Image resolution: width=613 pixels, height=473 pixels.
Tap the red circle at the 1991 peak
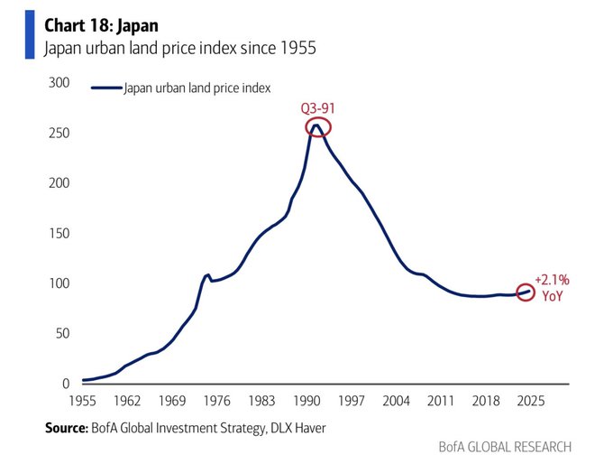pyautogui.click(x=318, y=127)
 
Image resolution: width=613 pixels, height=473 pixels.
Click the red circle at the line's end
pyautogui.click(x=527, y=292)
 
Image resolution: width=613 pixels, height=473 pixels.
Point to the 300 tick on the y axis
pyautogui.click(x=59, y=83)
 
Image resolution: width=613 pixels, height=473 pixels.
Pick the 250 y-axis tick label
pyautogui.click(x=59, y=134)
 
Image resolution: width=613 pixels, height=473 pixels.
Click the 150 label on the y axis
pyautogui.click(x=59, y=234)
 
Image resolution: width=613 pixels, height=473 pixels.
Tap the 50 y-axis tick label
pyautogui.click(x=62, y=334)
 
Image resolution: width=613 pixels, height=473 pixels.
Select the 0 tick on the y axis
pyautogui.click(x=66, y=384)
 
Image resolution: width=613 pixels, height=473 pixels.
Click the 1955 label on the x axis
pyautogui.click(x=83, y=400)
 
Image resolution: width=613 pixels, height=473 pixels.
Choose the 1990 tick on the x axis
pyautogui.click(x=306, y=400)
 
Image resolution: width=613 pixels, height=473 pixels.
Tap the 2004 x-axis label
pyautogui.click(x=396, y=400)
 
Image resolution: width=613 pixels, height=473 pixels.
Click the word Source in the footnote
pyautogui.click(x=65, y=428)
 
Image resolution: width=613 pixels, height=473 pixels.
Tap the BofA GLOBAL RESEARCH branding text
pyautogui.click(x=505, y=447)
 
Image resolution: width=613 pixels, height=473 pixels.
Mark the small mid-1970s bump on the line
pyautogui.click(x=207, y=275)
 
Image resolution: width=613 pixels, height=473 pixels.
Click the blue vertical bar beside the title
pyautogui.click(x=29, y=34)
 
